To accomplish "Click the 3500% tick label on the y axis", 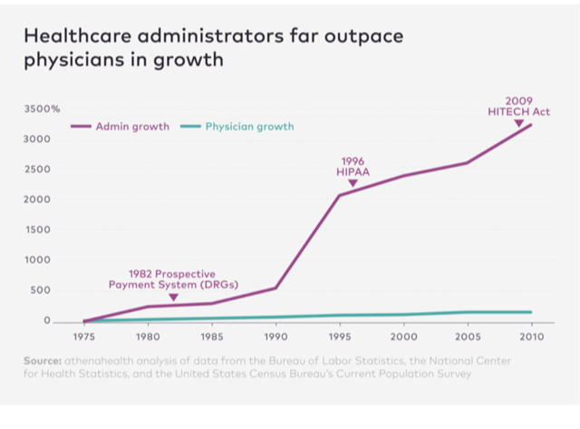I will point(43,109).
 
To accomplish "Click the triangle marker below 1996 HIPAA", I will point(353,183).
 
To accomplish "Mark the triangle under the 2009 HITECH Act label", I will point(518,122).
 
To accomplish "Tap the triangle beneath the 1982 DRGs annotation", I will point(173,297).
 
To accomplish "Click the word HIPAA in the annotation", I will point(353,171).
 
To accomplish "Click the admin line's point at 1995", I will point(340,195).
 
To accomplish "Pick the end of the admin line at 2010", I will point(531,124).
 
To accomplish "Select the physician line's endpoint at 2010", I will point(531,312).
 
